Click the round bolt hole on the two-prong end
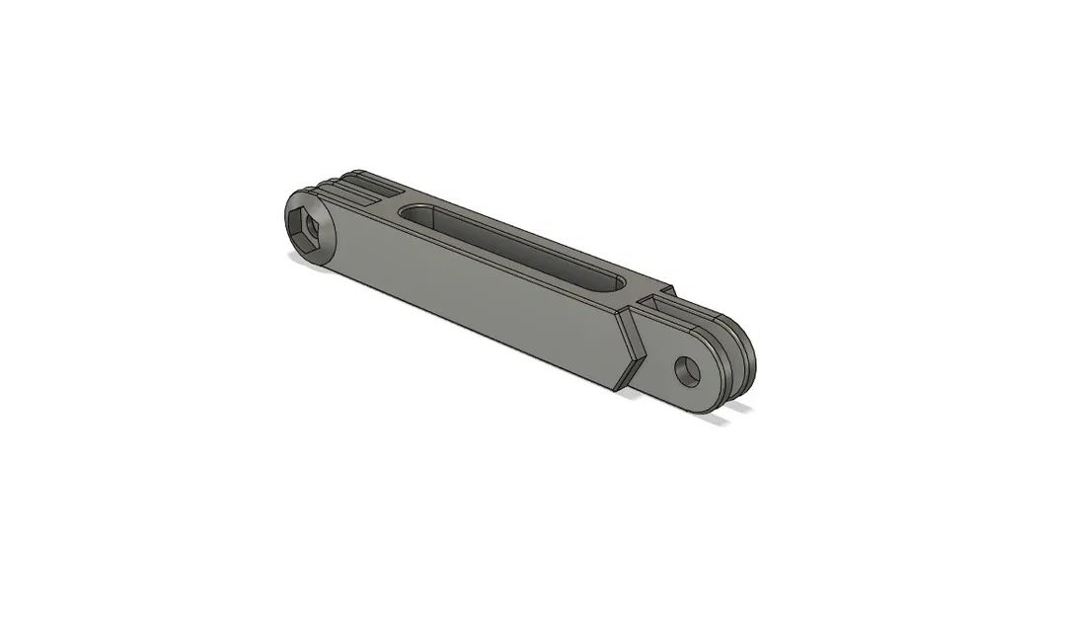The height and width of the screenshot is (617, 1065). click(687, 371)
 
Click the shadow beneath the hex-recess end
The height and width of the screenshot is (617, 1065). click(302, 259)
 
